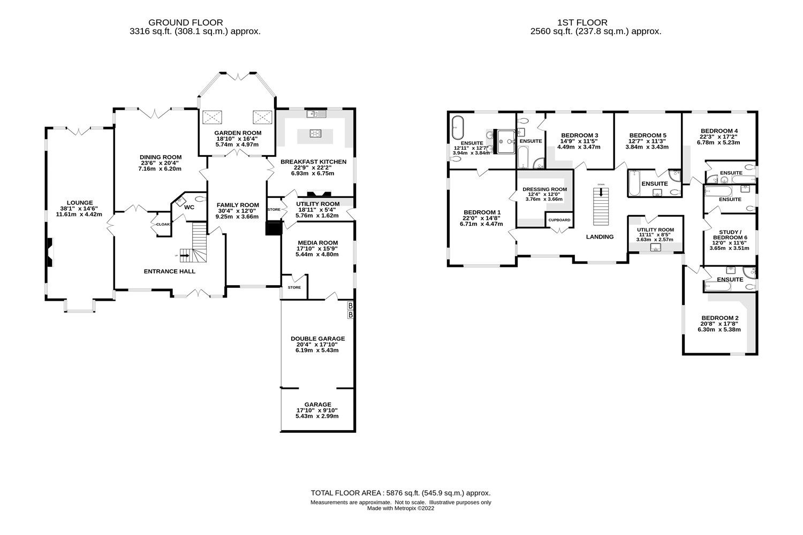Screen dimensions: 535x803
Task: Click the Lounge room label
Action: [x=80, y=203]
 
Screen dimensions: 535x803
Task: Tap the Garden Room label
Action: [x=238, y=133]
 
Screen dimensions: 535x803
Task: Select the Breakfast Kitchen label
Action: [x=313, y=162]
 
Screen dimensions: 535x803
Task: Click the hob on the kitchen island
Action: [x=315, y=134]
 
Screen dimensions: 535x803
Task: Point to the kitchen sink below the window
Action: [x=313, y=113]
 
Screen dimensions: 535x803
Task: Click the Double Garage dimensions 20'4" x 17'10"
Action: [x=317, y=345]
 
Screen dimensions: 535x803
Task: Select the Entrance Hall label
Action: [x=169, y=271]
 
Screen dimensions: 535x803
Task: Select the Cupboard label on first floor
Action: [x=559, y=220]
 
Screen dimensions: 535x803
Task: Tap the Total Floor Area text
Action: [x=400, y=493]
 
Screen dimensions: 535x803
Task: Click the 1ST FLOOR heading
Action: [x=582, y=22]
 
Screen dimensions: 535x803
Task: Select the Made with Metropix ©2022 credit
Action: [x=400, y=509]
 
